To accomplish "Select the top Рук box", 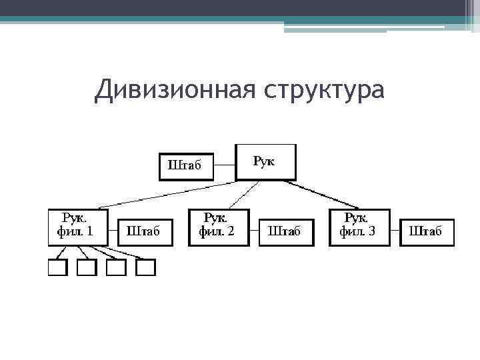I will click(265, 162).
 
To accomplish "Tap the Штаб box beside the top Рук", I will click(186, 167).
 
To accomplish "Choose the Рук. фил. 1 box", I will click(78, 227).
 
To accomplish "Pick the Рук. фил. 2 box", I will click(219, 227).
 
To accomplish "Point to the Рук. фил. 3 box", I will click(359, 227).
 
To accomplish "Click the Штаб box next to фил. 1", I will click(143, 232).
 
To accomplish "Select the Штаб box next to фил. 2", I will click(285, 232).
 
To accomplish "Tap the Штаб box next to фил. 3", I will click(426, 232).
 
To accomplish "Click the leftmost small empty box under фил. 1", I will click(57, 267).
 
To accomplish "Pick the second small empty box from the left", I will click(87, 267).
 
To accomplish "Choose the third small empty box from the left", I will click(116, 267).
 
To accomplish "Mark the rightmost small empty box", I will click(145, 267).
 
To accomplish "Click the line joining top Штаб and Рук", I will click(225, 165).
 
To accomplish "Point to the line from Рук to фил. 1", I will click(167, 194).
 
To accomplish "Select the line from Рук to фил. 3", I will click(327, 194).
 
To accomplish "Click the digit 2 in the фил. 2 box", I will click(231, 232).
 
